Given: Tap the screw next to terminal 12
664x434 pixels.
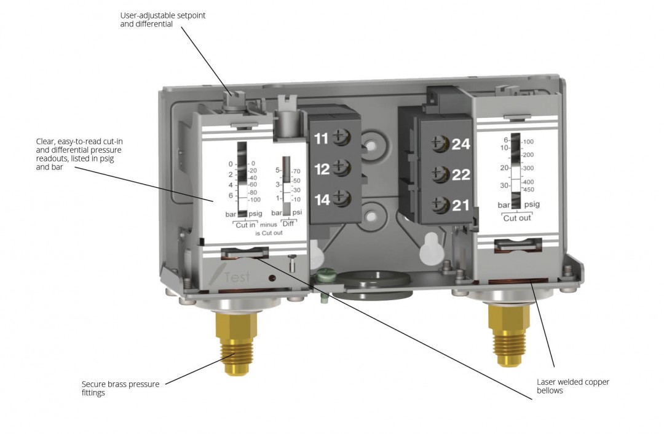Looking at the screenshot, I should (x=341, y=167).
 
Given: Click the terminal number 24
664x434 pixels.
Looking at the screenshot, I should (x=460, y=144).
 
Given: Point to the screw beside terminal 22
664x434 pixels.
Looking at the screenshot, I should (x=438, y=174).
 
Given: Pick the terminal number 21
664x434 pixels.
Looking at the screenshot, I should (x=460, y=205).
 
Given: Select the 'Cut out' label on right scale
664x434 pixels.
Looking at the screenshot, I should (x=516, y=218).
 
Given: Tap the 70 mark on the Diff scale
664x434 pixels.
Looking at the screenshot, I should (x=296, y=171).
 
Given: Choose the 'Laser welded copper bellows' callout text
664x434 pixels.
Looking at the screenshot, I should (x=572, y=386).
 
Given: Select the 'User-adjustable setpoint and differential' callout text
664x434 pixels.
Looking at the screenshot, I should (x=163, y=20).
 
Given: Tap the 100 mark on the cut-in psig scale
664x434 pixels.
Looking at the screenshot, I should (x=254, y=200).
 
